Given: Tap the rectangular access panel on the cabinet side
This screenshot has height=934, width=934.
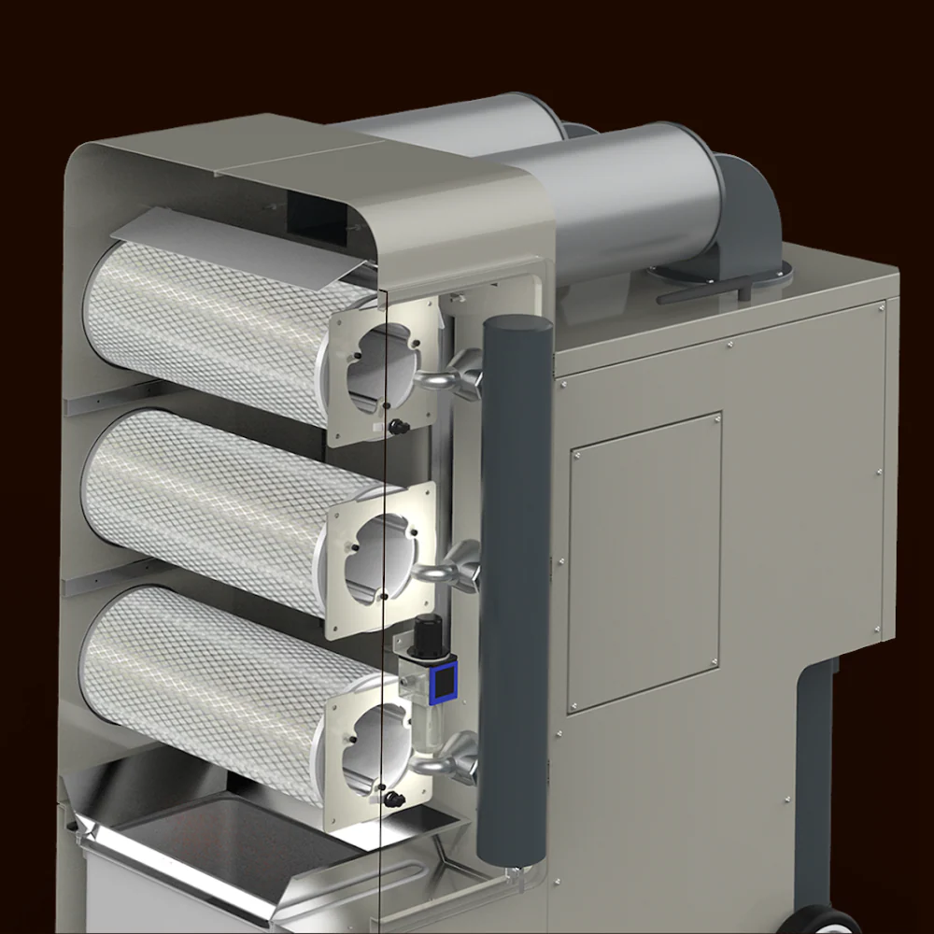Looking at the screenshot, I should point(644,560).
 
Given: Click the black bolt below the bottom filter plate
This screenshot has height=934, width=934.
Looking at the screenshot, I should point(396,799).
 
